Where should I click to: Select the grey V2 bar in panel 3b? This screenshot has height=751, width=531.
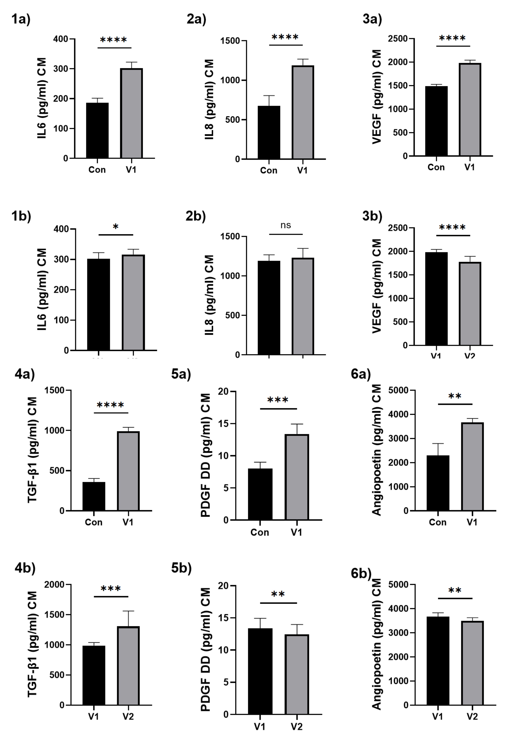470,304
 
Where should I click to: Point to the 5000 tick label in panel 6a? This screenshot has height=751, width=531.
398,390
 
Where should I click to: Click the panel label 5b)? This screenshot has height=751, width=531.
181,568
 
